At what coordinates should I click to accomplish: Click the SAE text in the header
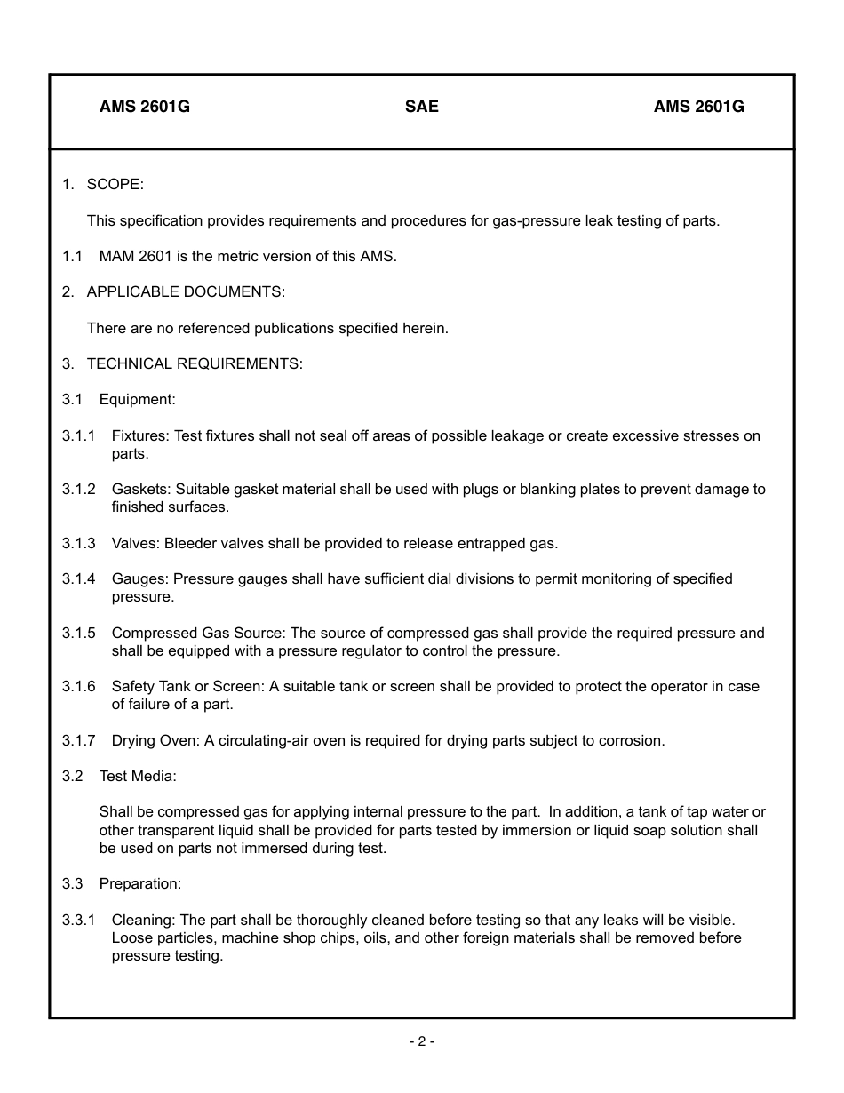(x=422, y=107)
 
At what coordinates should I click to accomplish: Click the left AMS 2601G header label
(x=145, y=107)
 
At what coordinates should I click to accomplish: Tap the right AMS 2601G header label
(x=699, y=107)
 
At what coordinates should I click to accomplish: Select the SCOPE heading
(x=115, y=184)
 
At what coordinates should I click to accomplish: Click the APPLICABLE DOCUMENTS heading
(x=186, y=291)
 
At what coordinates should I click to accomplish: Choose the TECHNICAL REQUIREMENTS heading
(x=195, y=363)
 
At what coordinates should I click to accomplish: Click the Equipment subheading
(x=137, y=399)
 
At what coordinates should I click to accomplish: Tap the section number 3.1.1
(x=78, y=435)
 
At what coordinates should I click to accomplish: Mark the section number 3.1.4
(x=78, y=578)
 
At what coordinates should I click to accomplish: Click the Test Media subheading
(x=138, y=776)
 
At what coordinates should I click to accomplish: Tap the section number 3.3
(x=72, y=883)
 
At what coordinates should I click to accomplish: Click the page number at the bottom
(x=422, y=1041)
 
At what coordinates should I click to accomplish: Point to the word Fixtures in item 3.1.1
(x=139, y=435)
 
